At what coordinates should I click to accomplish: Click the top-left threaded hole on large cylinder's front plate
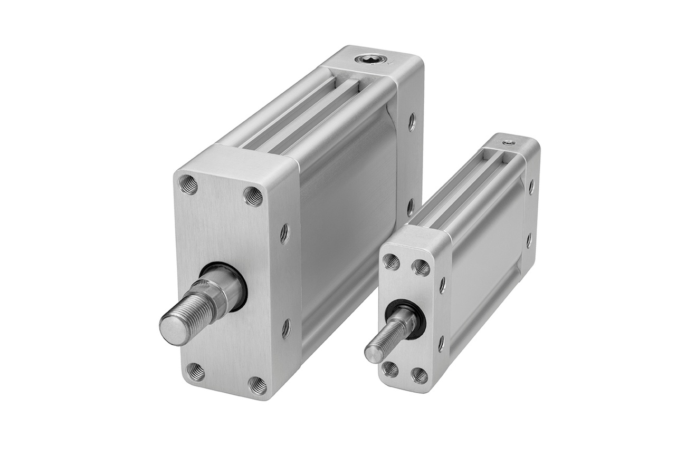[x=188, y=184]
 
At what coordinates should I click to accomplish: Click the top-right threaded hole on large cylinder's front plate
[x=253, y=196]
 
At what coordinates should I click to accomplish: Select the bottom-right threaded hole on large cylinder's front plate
[x=257, y=385]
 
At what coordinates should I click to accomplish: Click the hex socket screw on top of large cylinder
[x=366, y=59]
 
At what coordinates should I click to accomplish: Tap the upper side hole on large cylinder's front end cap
[x=284, y=233]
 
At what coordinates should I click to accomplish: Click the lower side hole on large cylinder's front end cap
[x=286, y=328]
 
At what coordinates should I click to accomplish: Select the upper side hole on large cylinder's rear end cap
[x=411, y=122]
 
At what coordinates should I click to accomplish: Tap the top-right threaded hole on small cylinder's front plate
[x=421, y=267]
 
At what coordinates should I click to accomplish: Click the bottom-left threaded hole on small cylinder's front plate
[x=390, y=368]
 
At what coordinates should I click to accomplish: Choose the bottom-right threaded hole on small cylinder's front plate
[x=419, y=375]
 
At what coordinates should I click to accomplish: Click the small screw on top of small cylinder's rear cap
[x=509, y=142]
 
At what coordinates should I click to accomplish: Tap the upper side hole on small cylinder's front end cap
[x=442, y=285]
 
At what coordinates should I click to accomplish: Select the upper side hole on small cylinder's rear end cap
[x=531, y=186]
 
